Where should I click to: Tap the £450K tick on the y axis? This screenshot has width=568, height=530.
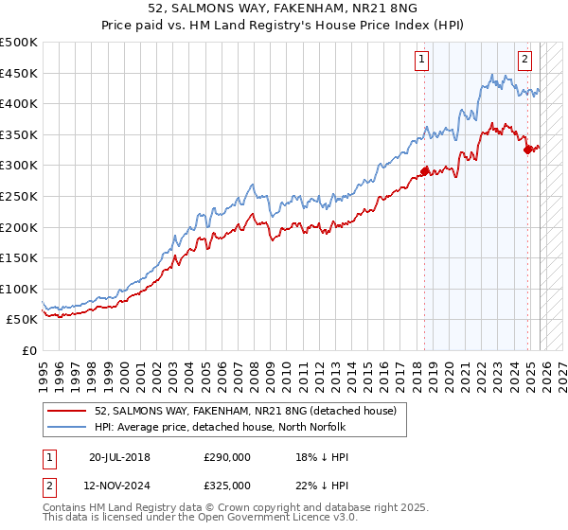coord(19,73)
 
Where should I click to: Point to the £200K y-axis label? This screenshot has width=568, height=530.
coord(19,227)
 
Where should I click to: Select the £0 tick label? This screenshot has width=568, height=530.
coord(27,350)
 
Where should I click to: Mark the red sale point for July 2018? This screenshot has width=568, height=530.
coord(425,171)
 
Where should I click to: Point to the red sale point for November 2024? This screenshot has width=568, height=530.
coord(528,150)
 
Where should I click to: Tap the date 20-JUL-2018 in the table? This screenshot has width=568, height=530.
coord(119,456)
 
